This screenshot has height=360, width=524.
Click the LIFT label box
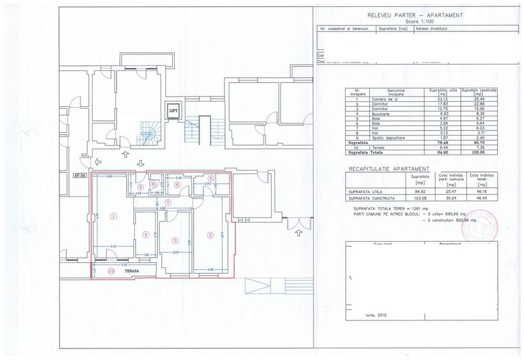click(172, 110)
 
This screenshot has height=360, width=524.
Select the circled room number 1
click(113, 216)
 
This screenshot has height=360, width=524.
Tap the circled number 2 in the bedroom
click(210, 234)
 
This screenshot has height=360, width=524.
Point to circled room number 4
click(146, 235)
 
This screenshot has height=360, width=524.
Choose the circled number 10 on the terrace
click(112, 271)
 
